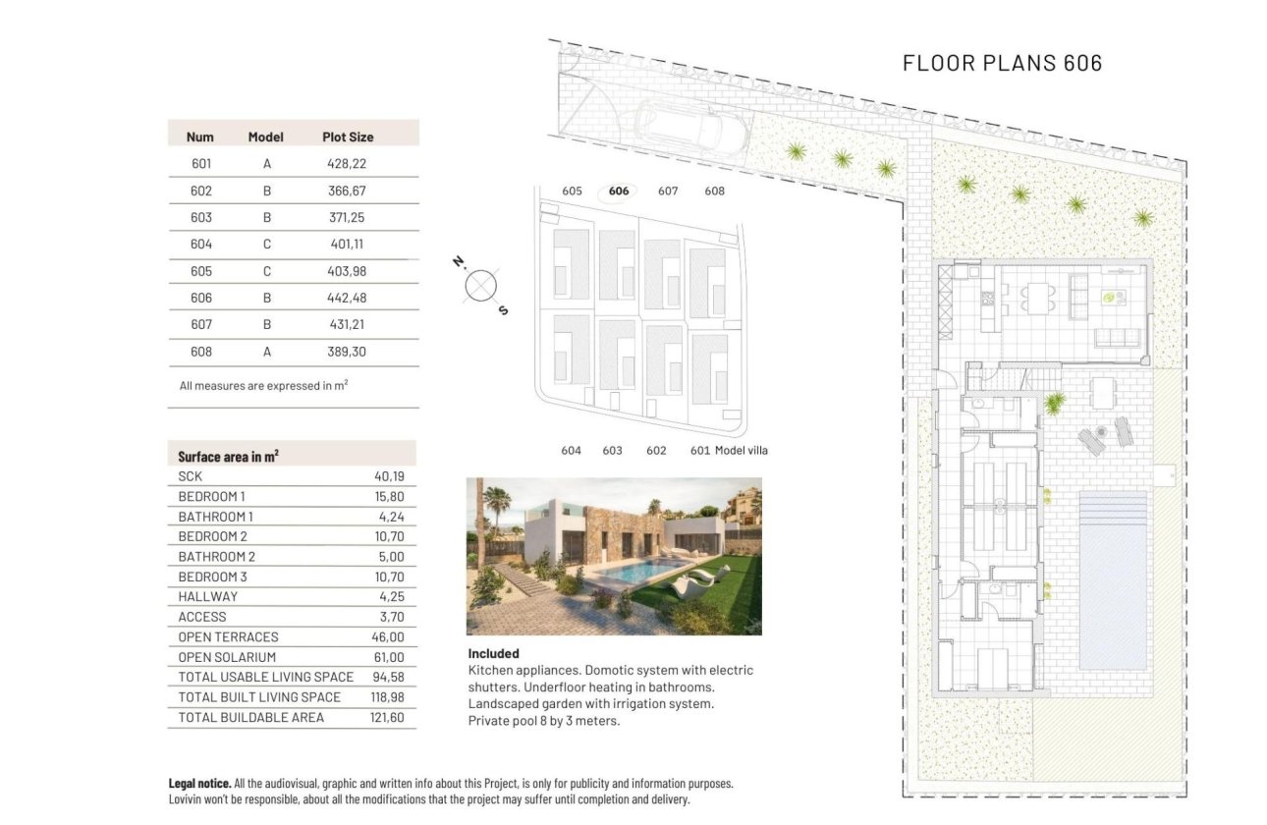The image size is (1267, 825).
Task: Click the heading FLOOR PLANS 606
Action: coord(1002,63)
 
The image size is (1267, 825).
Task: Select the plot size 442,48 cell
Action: coord(347,298)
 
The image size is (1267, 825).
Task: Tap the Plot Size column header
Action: coord(348,137)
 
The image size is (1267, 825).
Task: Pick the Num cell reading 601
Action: coord(201,164)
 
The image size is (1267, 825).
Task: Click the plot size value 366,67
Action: coord(347,191)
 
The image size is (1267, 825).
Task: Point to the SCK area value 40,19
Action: coord(390,476)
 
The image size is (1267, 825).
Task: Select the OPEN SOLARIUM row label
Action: coord(227,657)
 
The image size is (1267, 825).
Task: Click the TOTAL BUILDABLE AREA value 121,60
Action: coord(387,718)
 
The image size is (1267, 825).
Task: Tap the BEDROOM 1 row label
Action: coord(212,497)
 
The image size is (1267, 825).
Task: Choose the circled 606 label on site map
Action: coord(619,192)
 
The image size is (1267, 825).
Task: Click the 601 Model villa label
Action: coord(729,451)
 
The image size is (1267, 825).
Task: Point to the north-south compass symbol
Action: coord(480,286)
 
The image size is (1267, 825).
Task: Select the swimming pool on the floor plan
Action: coord(1113,579)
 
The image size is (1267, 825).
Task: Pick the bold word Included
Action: coord(493,653)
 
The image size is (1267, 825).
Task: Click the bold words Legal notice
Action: coord(199,784)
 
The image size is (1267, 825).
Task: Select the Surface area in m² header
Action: coord(228,456)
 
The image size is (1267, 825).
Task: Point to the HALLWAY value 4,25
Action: coord(390,597)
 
